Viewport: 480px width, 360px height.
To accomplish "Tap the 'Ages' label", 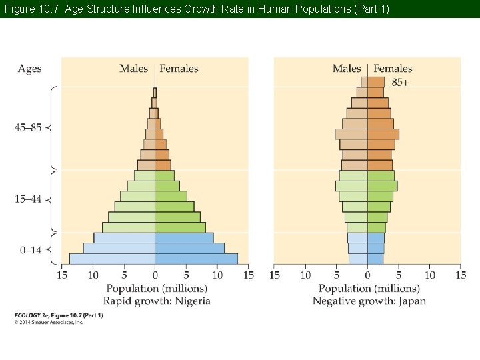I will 29,69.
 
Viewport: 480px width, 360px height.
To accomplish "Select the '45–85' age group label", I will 28,127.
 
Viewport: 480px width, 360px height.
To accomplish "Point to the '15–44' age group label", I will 28,199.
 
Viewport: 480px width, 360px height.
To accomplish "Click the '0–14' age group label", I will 31,250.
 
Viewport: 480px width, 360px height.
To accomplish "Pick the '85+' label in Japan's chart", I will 401,82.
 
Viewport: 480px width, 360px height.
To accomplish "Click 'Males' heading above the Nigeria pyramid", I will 134,69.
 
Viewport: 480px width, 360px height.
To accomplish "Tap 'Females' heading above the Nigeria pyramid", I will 179,69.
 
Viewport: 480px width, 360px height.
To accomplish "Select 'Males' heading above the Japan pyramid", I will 347,69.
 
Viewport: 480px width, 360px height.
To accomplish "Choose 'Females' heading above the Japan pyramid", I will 393,69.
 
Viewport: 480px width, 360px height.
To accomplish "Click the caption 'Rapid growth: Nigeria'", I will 158,301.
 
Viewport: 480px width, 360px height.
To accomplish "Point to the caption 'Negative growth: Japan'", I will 369,301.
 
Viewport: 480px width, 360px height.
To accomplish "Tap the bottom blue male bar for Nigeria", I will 112,259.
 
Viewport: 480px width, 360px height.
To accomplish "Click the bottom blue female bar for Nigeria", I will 196,259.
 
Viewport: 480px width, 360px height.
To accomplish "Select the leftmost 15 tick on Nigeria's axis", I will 62,275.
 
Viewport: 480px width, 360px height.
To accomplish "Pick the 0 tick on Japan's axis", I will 367,275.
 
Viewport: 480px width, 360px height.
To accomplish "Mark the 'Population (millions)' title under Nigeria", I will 157,288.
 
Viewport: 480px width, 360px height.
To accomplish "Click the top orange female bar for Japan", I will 375,82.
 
